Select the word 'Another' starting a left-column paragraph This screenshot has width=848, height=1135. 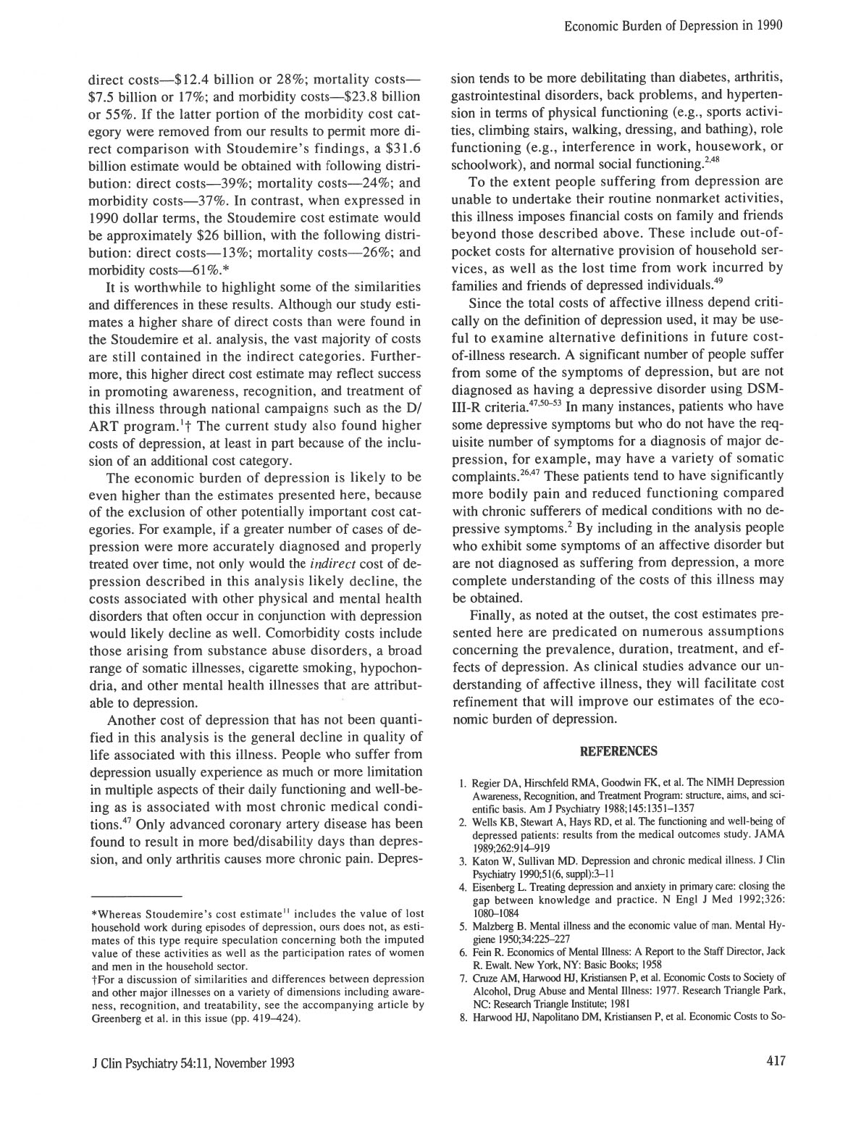click(x=132, y=720)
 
